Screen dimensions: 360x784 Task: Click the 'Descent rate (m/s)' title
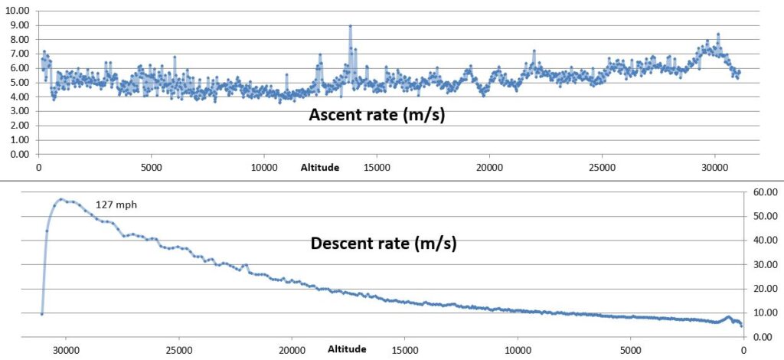(384, 244)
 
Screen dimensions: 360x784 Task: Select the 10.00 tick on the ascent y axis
(18, 11)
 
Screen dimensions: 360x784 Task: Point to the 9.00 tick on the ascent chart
(18, 25)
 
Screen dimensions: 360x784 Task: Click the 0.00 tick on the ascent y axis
(18, 154)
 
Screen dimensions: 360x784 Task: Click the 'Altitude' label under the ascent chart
(319, 167)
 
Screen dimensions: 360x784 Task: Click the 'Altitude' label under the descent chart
(347, 349)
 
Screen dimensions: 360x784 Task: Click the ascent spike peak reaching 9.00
(350, 26)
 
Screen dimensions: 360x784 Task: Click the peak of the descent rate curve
(60, 199)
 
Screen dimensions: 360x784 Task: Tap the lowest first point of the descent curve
(42, 313)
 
